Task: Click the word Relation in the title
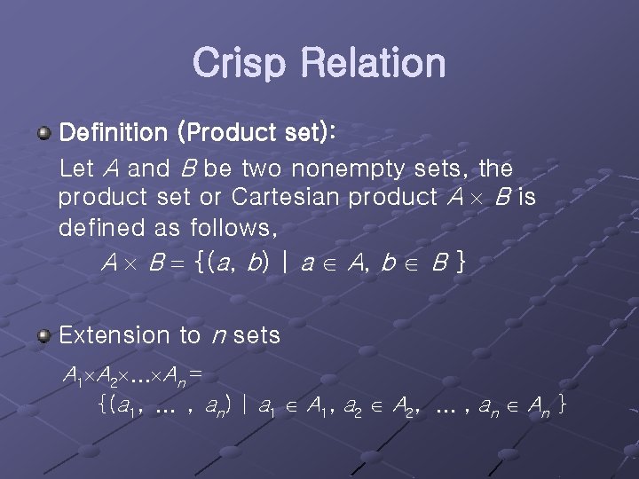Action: tap(373, 63)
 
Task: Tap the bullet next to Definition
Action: tap(43, 133)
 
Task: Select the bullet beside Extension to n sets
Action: tap(43, 334)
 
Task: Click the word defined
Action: tap(103, 228)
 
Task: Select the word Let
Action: tap(75, 167)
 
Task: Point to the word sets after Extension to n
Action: tap(256, 335)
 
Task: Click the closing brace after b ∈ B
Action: tap(458, 263)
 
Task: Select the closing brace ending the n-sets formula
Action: tap(563, 406)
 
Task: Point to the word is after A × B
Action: tap(526, 197)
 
